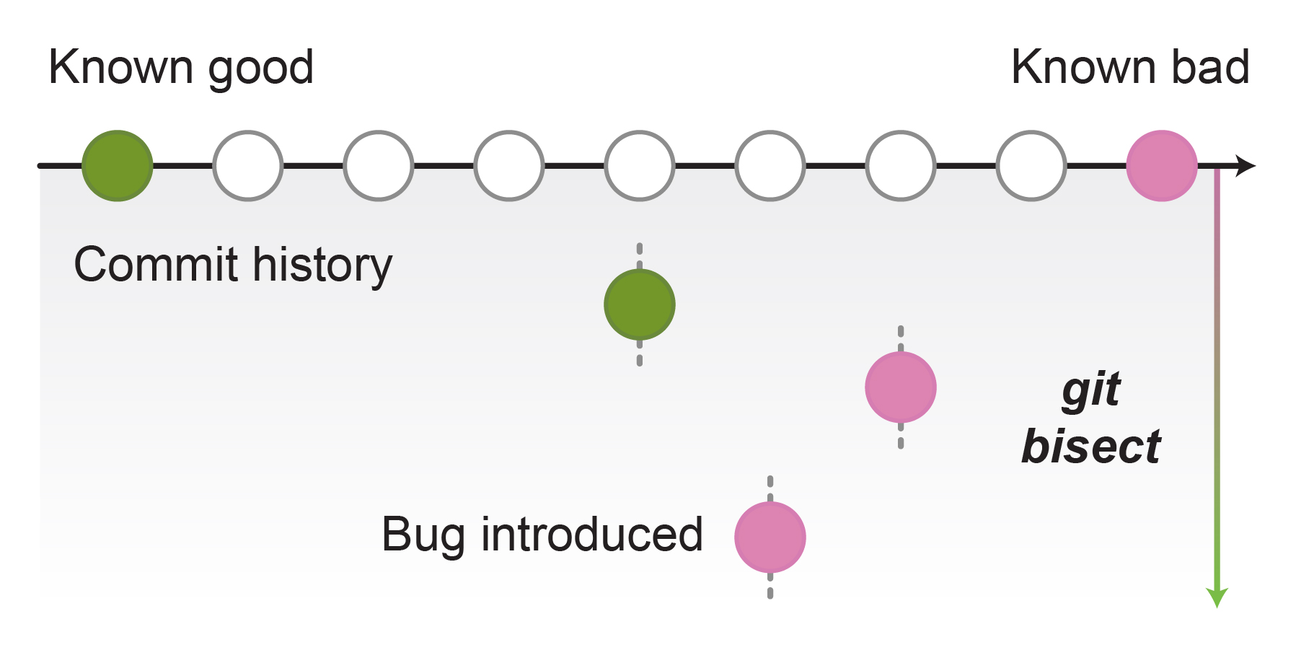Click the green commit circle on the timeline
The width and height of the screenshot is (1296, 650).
[x=118, y=166]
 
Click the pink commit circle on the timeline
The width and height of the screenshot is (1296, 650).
[x=1162, y=166]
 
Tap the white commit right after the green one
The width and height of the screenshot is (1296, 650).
[x=248, y=166]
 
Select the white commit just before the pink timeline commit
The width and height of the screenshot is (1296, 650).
[x=1031, y=166]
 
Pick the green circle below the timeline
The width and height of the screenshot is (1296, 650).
[x=640, y=304]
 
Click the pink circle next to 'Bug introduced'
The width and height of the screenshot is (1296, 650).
[x=770, y=537]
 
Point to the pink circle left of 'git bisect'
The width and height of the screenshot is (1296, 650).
[x=901, y=387]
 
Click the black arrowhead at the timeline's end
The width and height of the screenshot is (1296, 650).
[x=1246, y=166]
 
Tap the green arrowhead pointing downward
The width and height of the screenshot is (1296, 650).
[x=1217, y=598]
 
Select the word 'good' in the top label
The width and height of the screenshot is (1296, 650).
[x=261, y=70]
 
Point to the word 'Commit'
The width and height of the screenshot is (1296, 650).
[x=157, y=265]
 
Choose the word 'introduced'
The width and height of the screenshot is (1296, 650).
[x=592, y=535]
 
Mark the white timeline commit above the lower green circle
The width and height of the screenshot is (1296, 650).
[x=640, y=166]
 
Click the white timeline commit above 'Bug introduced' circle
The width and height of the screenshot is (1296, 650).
[x=770, y=166]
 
